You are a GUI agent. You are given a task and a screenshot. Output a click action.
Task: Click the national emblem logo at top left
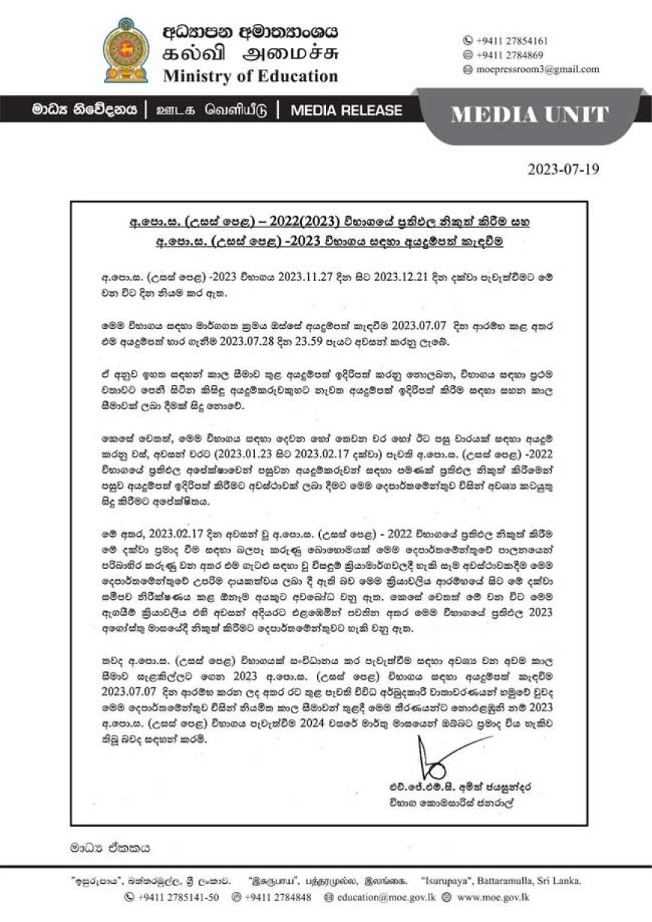click(x=126, y=50)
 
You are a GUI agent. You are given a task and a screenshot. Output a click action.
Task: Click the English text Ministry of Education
click(x=250, y=76)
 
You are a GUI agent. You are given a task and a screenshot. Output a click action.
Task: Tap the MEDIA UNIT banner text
click(x=530, y=115)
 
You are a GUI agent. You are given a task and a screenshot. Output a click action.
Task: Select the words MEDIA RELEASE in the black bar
click(x=345, y=110)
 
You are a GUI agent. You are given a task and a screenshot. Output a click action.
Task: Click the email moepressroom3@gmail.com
click(x=537, y=69)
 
